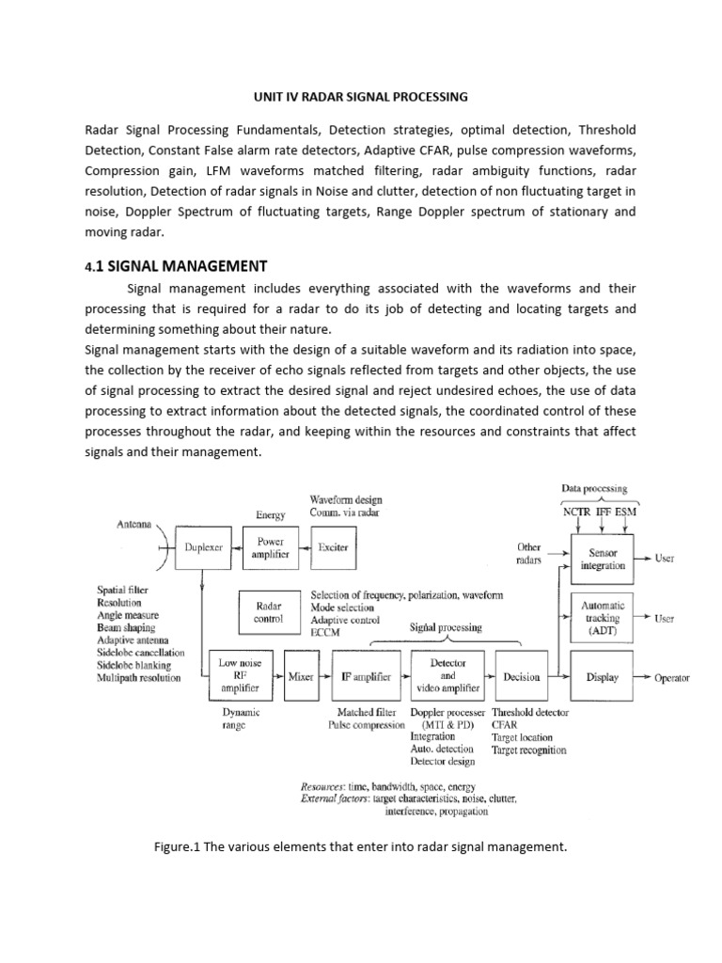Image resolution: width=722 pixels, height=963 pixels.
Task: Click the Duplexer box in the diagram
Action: [x=204, y=548]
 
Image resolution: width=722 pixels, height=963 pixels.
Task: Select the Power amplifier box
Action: [x=270, y=548]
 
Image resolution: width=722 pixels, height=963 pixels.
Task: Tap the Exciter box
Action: [x=333, y=548]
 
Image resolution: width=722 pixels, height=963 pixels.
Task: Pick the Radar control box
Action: [x=269, y=613]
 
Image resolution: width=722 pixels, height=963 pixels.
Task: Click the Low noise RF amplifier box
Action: [x=240, y=676]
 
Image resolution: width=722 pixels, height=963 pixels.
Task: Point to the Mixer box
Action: [x=301, y=677]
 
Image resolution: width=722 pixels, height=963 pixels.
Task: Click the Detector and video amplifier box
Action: [x=447, y=676]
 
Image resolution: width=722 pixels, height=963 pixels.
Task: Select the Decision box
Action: [x=522, y=677]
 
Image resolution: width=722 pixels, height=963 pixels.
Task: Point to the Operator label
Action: [x=672, y=678]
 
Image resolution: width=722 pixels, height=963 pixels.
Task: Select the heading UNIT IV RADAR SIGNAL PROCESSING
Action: [x=361, y=96]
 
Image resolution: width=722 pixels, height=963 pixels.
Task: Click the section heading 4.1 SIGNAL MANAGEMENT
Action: [x=176, y=266]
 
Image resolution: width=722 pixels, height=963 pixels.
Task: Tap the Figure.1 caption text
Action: [x=361, y=847]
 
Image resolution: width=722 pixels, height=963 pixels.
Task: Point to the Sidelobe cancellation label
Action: [x=140, y=652]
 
